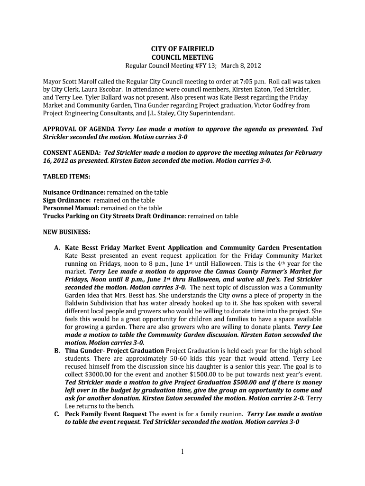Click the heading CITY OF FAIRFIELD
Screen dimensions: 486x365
pos(182,49)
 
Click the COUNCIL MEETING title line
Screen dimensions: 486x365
pos(182,57)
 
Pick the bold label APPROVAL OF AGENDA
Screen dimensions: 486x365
pos(79,129)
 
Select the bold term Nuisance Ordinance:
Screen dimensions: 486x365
pos(74,193)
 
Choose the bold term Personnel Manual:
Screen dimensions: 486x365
pos(71,208)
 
